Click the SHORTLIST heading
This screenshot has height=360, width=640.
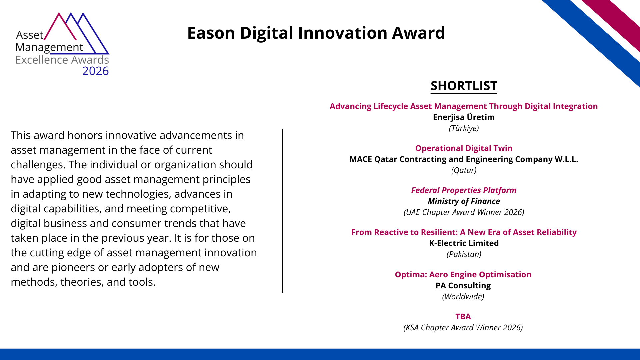point(464,86)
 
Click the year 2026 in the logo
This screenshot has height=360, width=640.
point(95,71)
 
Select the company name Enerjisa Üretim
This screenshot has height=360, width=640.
point(464,117)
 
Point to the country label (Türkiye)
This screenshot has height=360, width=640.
point(464,128)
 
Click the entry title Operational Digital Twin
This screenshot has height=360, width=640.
point(464,148)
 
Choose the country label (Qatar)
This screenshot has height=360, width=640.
point(464,170)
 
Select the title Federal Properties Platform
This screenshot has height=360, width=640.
point(464,190)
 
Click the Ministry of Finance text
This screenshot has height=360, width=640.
point(464,201)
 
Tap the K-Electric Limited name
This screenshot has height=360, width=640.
point(464,243)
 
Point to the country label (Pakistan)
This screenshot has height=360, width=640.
point(464,254)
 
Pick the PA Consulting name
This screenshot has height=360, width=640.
point(463,286)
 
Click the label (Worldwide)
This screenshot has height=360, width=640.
point(463,297)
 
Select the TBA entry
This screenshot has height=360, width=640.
point(463,317)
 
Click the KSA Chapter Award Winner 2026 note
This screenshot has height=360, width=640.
point(463,328)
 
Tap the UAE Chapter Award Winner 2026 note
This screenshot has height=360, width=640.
point(464,212)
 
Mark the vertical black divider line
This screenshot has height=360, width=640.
point(282,211)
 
